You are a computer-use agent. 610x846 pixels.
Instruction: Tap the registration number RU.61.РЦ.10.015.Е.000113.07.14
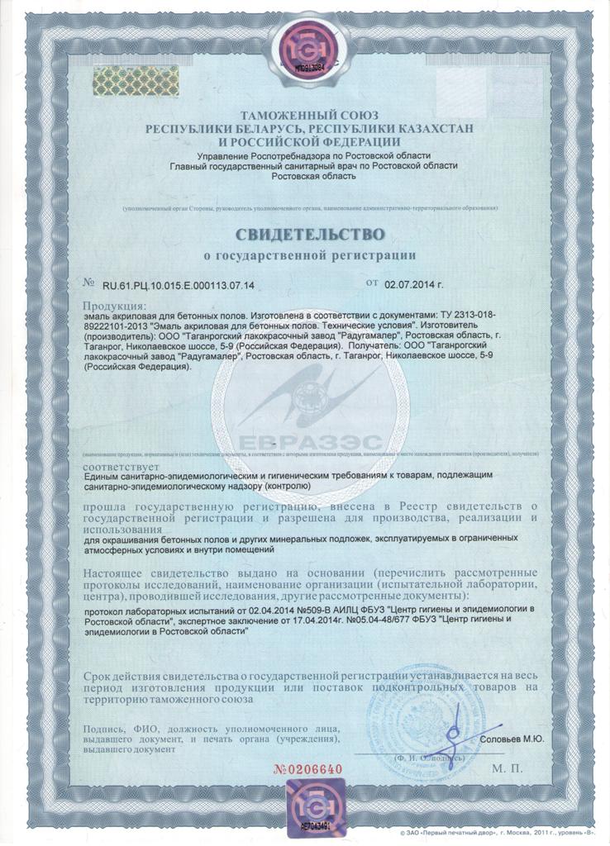click(x=179, y=285)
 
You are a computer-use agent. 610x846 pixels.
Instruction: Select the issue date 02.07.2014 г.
click(x=414, y=284)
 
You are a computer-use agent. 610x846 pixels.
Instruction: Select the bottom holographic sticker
click(x=307, y=801)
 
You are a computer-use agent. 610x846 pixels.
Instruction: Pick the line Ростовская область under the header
click(x=306, y=176)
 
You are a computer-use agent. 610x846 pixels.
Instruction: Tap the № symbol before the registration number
click(x=89, y=283)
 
